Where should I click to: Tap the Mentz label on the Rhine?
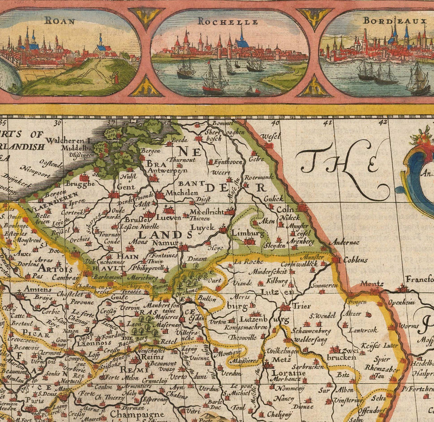tap(374, 284)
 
